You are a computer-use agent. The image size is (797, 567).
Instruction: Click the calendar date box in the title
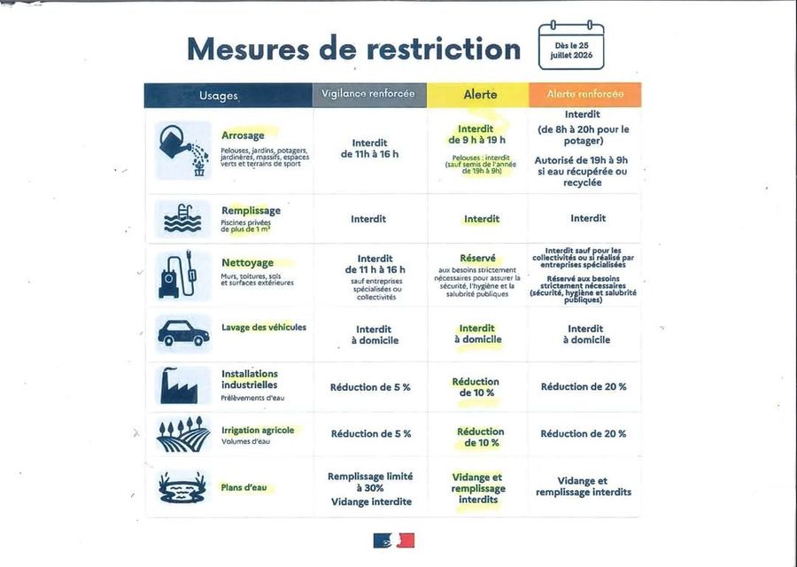coord(571,45)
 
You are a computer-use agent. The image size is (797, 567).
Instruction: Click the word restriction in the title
coord(444,50)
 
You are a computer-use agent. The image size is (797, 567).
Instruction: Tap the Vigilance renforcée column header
coord(369,95)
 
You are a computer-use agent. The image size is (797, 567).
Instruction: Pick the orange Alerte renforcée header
coord(585,95)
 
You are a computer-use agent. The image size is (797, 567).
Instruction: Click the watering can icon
coord(183,151)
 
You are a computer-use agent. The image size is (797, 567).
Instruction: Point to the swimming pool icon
coord(182,219)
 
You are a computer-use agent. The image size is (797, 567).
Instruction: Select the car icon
coord(183,333)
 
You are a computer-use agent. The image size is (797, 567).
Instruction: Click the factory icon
coord(178,385)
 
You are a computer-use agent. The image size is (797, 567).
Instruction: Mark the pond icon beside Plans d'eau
coord(182,487)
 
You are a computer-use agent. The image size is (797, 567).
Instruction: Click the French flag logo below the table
coord(394,540)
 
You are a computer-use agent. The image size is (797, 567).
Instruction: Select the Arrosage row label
coord(243,136)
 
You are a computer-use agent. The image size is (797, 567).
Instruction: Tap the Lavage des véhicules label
coord(264,328)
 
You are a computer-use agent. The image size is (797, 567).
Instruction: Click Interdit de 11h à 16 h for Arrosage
coord(369,149)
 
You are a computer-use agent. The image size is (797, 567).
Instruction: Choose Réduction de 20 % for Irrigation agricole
coord(584,434)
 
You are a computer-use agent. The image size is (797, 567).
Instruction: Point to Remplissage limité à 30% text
coord(370,482)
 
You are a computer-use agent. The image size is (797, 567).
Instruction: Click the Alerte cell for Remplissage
coord(482,219)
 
